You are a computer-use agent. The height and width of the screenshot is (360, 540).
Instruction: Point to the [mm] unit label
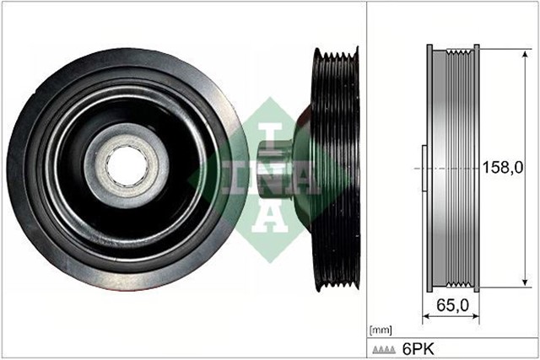point(381,328)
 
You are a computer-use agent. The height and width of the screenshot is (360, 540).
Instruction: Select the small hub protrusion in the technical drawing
point(422,168)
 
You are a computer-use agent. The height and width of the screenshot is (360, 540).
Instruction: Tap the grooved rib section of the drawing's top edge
point(459,52)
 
